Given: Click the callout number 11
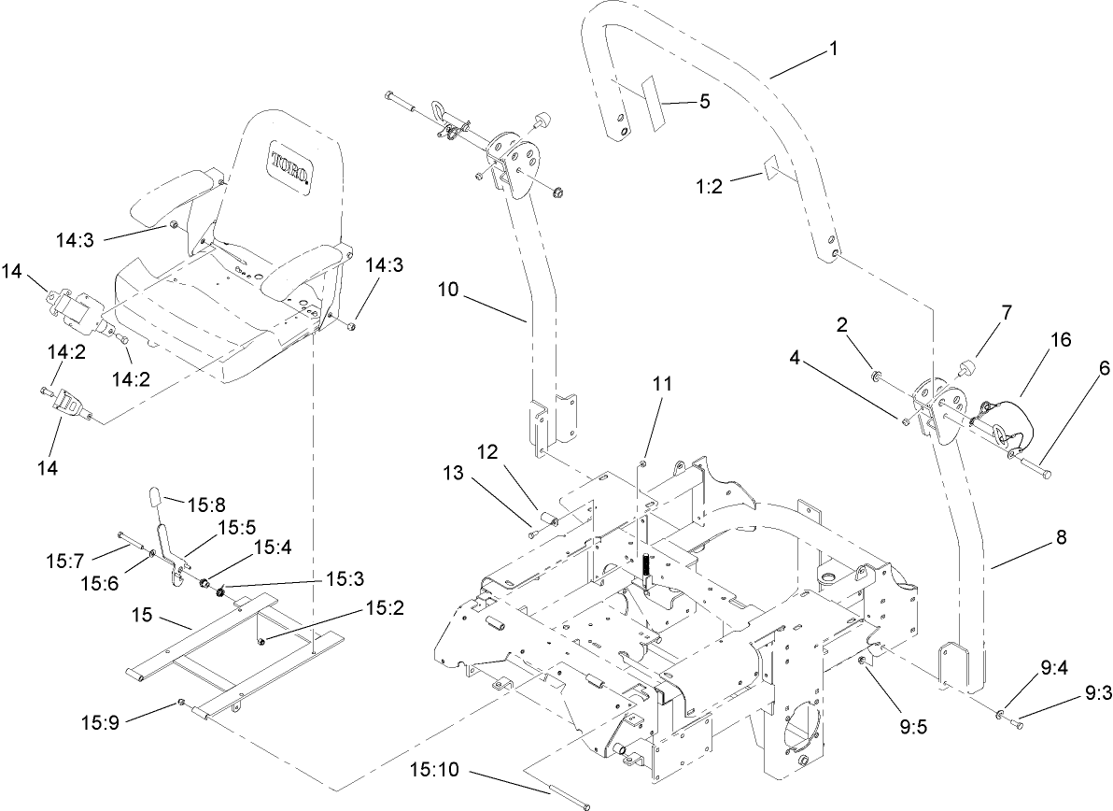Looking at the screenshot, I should click(x=662, y=383).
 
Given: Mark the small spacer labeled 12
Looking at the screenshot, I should click(x=551, y=520).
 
